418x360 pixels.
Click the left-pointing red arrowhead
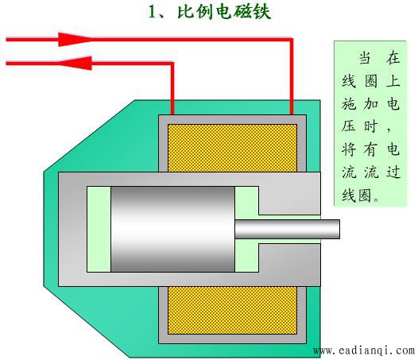(x=75, y=64)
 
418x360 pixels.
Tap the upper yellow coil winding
(x=232, y=148)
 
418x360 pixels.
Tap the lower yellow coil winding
(x=232, y=310)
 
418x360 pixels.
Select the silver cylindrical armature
(x=172, y=229)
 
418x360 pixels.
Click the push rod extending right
(x=287, y=229)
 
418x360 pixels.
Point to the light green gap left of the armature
(x=99, y=229)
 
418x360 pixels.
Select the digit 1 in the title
(x=153, y=12)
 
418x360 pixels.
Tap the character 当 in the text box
(x=366, y=57)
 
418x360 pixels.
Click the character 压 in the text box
(x=349, y=126)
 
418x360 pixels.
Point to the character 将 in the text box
(x=349, y=149)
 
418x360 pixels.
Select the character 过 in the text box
(x=393, y=172)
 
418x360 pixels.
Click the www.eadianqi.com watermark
(x=364, y=350)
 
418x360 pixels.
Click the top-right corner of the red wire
(x=292, y=40)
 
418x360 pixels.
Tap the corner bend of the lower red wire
(x=172, y=64)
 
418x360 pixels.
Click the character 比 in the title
(x=188, y=12)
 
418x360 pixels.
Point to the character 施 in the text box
(x=349, y=103)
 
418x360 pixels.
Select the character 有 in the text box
(x=371, y=149)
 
